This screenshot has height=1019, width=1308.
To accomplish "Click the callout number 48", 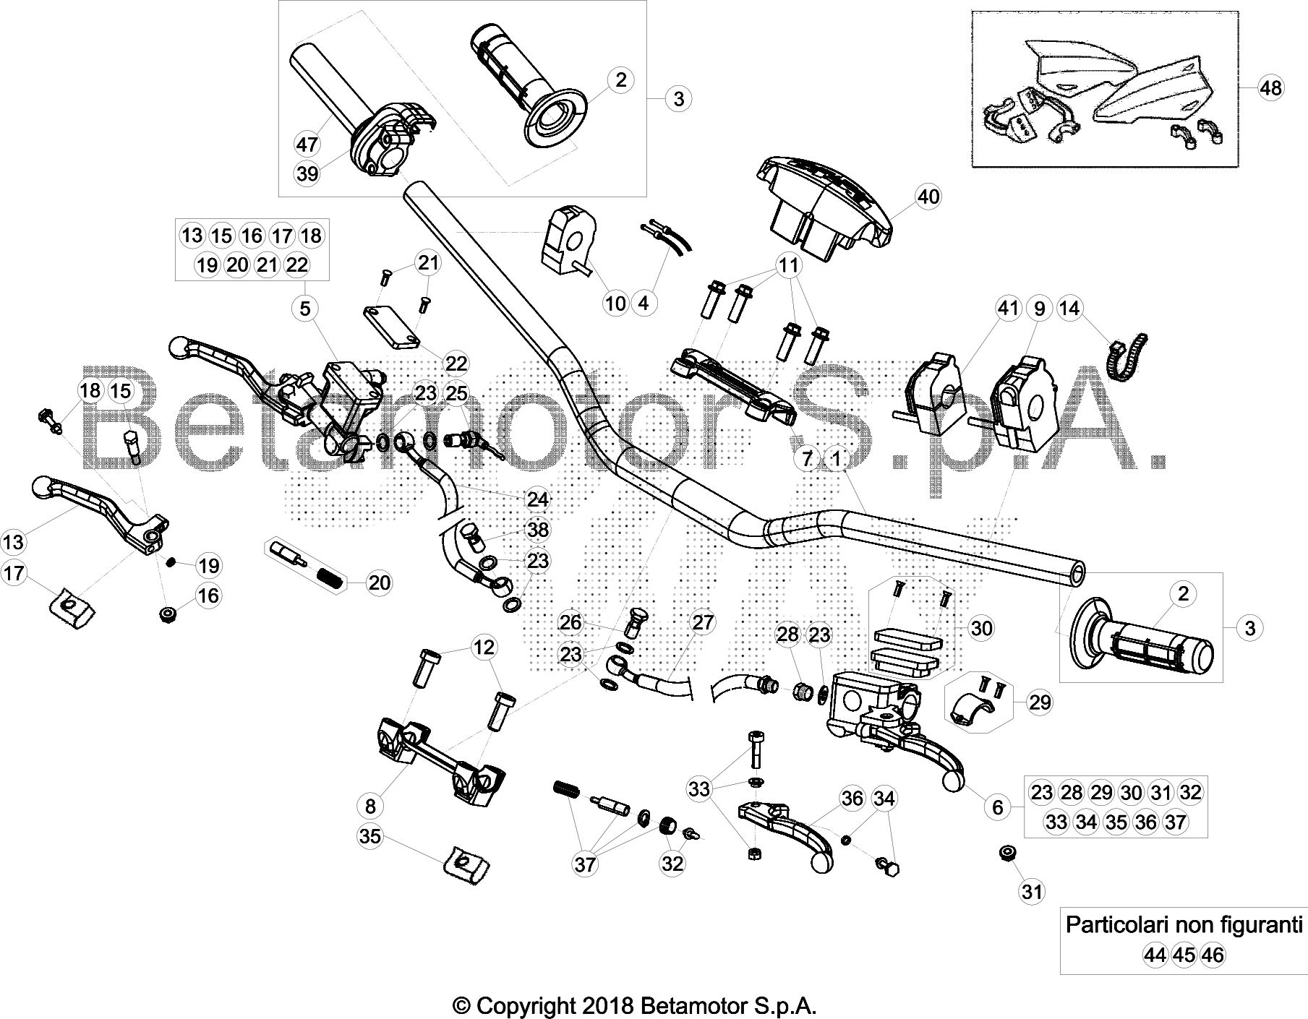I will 1270,87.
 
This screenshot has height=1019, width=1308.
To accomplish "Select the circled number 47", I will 307,145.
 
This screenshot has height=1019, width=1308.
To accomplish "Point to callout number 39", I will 307,173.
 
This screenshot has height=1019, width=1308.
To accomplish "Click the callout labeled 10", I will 615,303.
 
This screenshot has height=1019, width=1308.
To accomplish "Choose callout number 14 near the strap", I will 1069,309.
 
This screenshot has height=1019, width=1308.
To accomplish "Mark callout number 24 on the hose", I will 537,499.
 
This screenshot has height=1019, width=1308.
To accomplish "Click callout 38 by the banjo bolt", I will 538,530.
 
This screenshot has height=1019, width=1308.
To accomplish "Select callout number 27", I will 703,622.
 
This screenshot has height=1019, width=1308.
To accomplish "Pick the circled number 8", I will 371,805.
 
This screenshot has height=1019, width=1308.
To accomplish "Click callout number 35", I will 370,836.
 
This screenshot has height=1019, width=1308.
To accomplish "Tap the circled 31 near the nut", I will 1033,892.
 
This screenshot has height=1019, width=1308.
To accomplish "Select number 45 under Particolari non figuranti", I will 1184,955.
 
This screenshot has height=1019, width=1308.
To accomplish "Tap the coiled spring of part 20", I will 330,577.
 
